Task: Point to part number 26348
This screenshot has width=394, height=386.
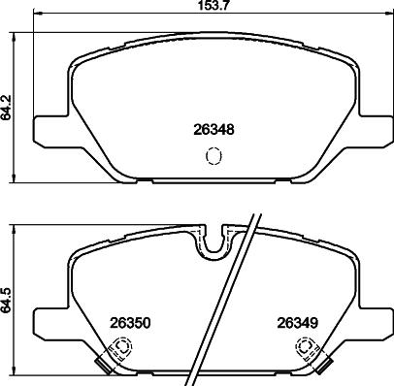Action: (x=213, y=130)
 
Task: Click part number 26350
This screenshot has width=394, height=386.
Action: (x=131, y=323)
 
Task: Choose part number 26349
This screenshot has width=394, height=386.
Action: (x=297, y=323)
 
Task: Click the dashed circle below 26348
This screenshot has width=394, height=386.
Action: (x=214, y=156)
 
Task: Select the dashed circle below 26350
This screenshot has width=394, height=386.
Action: (x=124, y=346)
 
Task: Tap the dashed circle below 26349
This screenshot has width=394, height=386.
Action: (x=305, y=346)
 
